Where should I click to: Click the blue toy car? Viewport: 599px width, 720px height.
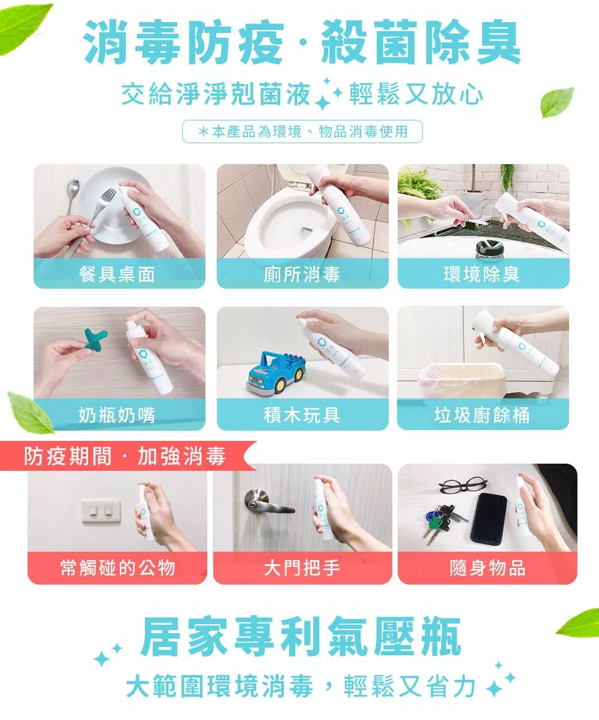(276, 374)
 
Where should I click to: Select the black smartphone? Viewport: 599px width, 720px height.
(489, 519)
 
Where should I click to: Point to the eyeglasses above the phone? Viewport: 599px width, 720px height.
(462, 485)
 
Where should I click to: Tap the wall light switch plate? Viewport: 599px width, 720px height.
(101, 510)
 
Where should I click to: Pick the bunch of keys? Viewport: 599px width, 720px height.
(443, 521)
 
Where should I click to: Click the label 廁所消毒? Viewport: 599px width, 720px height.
(302, 274)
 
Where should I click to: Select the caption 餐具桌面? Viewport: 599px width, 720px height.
(117, 274)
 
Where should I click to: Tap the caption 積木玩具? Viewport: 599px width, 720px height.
(302, 415)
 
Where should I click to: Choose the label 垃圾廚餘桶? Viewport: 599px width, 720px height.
(482, 415)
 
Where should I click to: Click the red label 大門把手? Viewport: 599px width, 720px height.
(302, 568)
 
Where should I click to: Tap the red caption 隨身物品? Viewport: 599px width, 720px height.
(487, 568)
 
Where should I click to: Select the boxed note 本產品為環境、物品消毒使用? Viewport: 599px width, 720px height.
(302, 131)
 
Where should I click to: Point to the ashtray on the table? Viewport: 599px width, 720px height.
(489, 249)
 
